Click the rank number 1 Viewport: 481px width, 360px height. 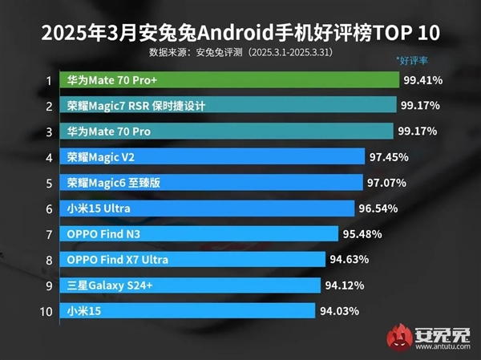(49, 80)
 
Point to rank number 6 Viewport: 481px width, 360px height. (49, 208)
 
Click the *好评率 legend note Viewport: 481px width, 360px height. (414, 60)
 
